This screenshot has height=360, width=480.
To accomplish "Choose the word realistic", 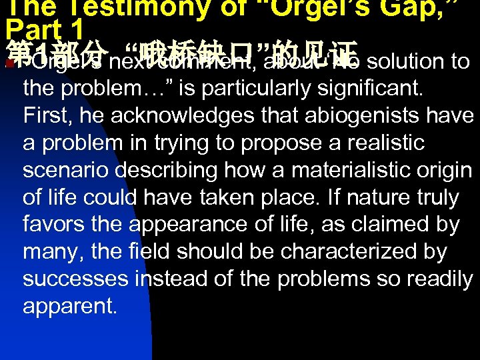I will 383,143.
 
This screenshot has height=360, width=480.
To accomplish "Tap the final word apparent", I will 69,307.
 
